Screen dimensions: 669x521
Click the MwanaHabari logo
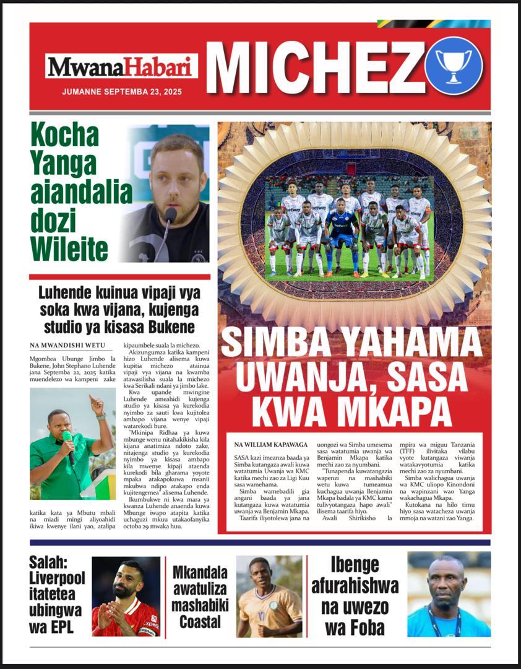click(121, 66)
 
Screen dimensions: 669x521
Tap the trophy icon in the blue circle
click(453, 65)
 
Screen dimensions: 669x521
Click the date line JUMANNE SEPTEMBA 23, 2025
click(121, 91)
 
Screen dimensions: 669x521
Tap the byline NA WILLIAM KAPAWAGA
click(271, 444)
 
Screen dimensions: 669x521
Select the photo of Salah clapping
click(126, 596)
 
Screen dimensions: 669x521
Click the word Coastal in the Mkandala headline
click(200, 620)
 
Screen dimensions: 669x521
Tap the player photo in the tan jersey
click(269, 596)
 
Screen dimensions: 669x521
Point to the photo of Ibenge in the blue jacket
click(449, 594)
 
